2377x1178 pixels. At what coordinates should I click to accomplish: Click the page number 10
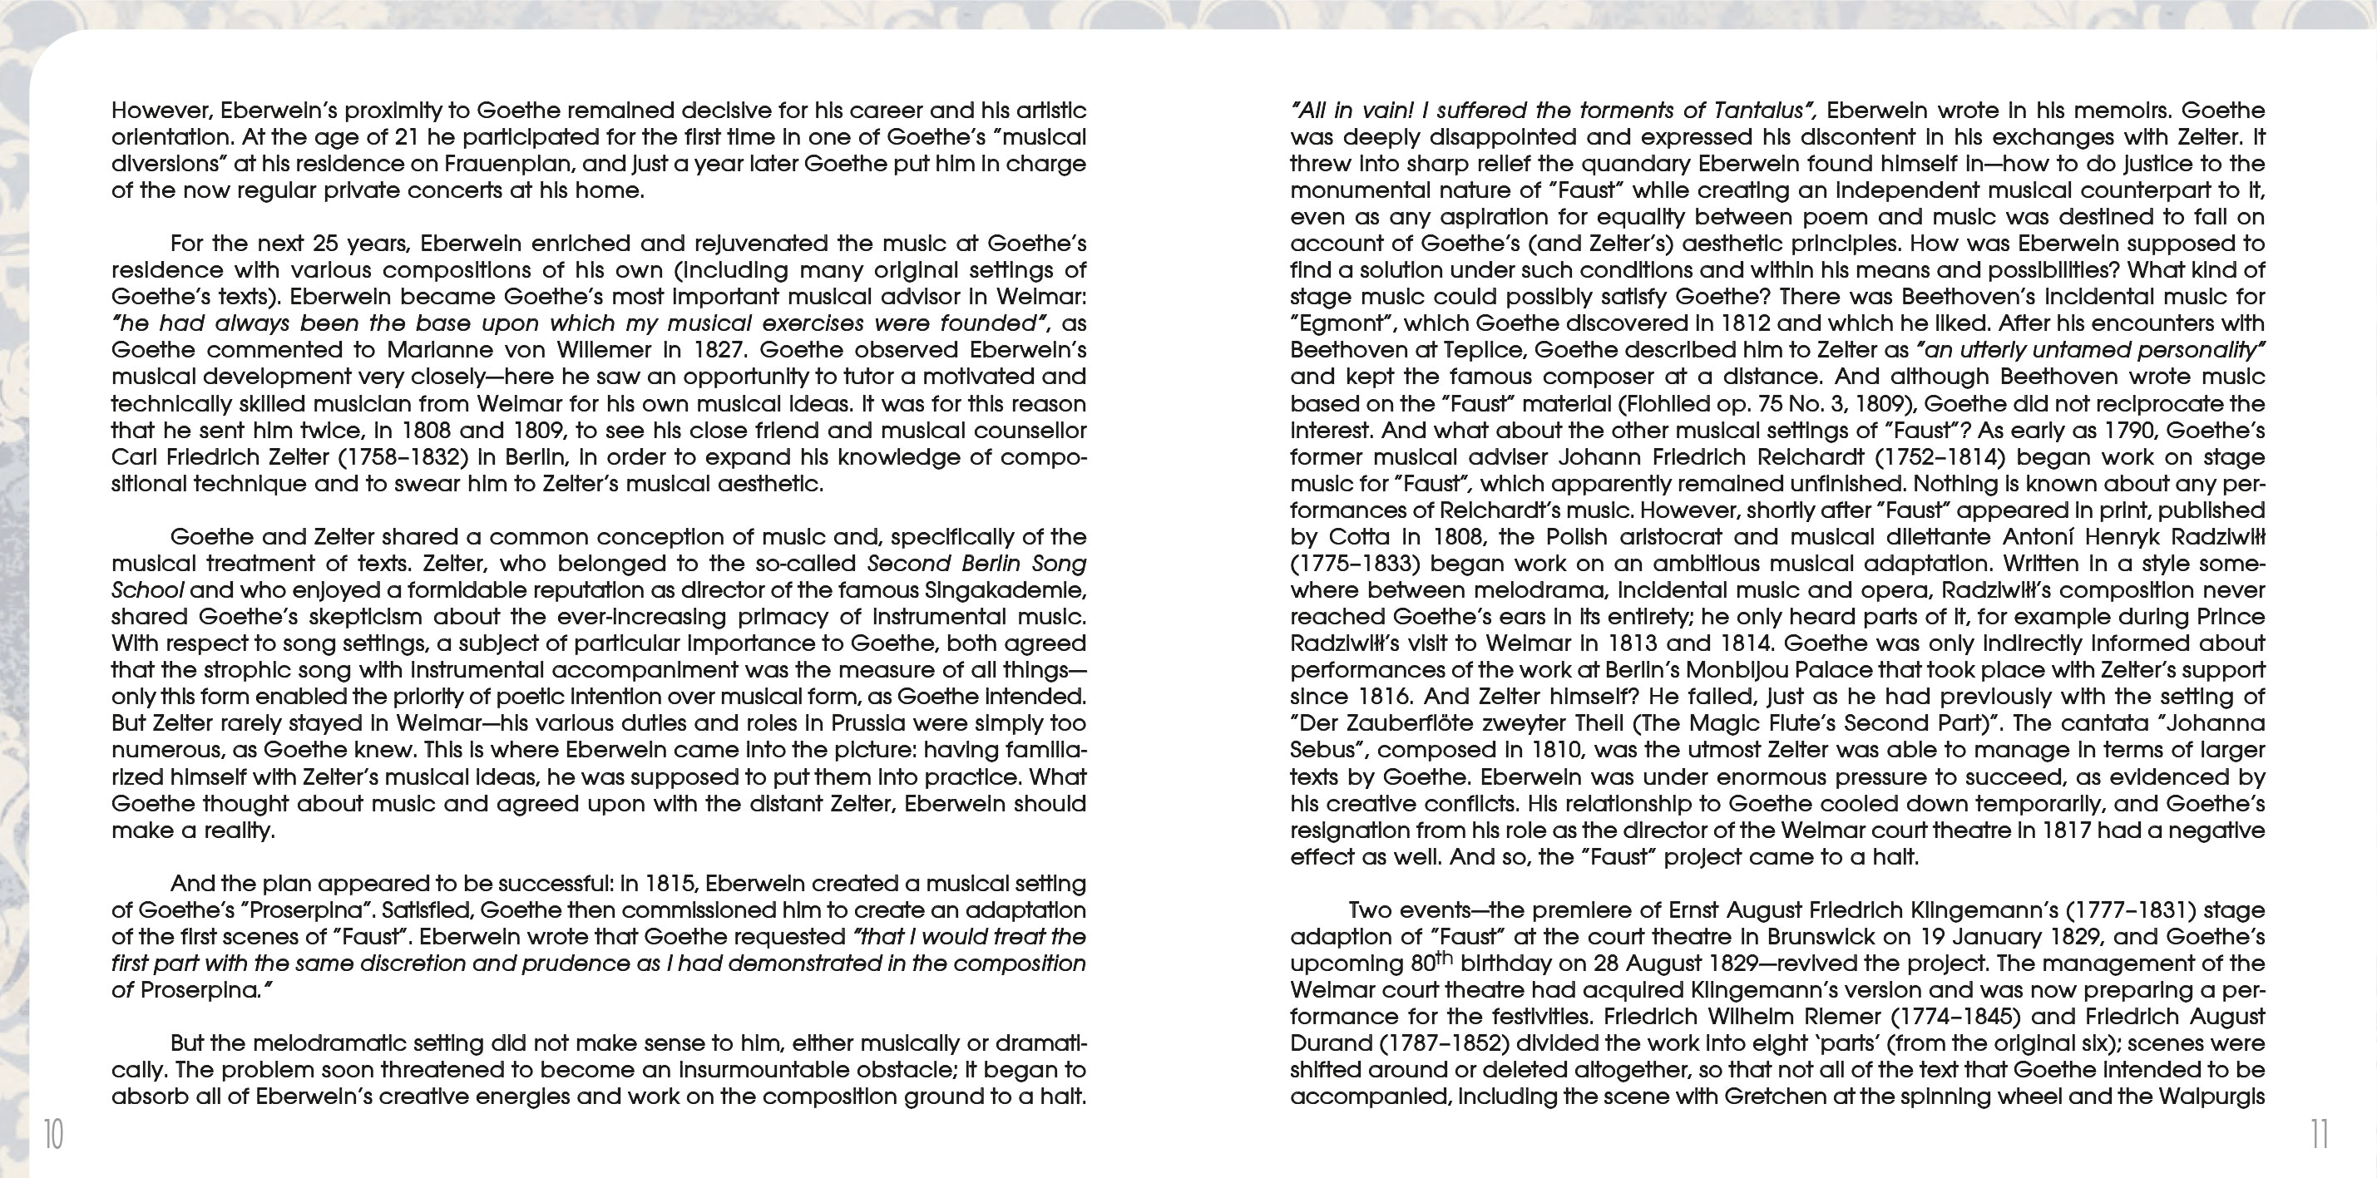(53, 1134)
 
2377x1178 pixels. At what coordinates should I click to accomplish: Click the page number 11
(2319, 1134)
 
